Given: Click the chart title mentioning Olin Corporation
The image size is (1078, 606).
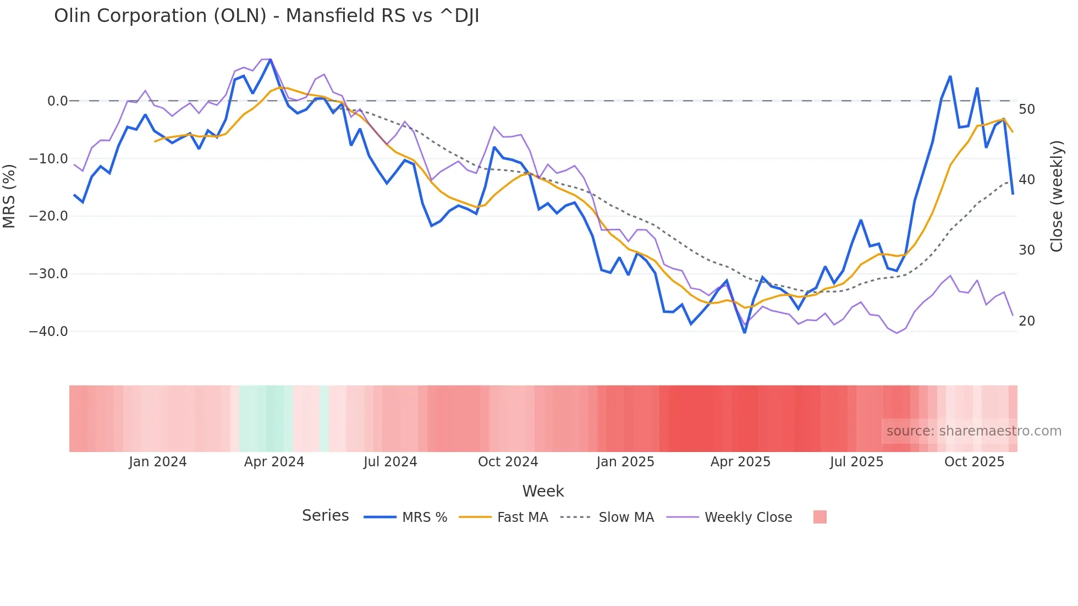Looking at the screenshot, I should tap(266, 16).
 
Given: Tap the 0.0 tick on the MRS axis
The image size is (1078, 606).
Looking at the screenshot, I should tap(57, 101).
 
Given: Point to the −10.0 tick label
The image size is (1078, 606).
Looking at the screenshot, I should tap(48, 159).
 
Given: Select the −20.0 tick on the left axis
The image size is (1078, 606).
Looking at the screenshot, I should tap(48, 216).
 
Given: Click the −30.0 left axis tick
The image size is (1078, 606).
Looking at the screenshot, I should tap(48, 274).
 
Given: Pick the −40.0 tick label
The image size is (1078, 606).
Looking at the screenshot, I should tap(48, 332).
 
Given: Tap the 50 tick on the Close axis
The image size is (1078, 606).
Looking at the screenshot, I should tap(1026, 109).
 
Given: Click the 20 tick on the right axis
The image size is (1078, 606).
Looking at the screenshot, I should tap(1026, 321).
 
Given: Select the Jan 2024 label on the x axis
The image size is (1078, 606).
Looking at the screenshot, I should tap(158, 462).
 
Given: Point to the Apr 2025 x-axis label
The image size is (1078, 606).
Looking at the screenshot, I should tap(740, 462).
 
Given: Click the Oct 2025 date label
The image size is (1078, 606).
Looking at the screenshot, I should tap(974, 462).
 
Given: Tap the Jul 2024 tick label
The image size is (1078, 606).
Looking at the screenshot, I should tap(391, 462).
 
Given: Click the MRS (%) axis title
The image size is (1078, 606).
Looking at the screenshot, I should tap(9, 196).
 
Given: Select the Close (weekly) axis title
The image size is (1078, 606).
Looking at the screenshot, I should tap(1056, 196).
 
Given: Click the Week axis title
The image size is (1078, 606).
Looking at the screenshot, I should tap(543, 491).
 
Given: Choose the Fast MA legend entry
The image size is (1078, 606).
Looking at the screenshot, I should tap(522, 517).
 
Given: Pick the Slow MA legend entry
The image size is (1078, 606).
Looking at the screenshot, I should tap(626, 517).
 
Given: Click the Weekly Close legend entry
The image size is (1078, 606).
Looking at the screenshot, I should tap(748, 517).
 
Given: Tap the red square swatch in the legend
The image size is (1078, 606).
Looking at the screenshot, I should tap(820, 517).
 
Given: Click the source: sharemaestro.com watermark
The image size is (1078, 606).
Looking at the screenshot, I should tap(974, 431).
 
